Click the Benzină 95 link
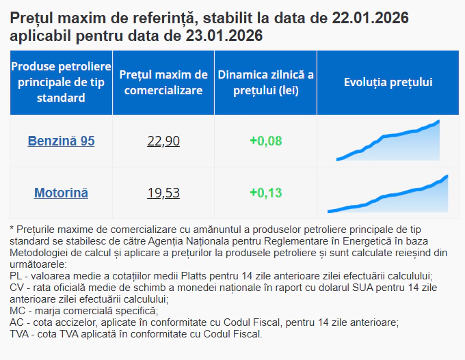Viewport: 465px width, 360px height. click(61, 141)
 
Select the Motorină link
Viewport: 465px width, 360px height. click(61, 193)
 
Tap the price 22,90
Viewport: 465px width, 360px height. click(163, 141)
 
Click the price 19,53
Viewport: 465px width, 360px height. click(163, 193)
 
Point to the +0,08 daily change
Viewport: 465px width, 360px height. click(265, 141)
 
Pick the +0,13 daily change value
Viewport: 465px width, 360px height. click(265, 193)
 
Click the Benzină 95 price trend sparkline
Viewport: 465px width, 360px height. click(388, 142)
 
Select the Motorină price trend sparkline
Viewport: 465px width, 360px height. click(388, 195)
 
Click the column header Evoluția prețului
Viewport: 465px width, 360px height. click(388, 82)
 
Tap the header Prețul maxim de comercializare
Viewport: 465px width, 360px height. click(163, 82)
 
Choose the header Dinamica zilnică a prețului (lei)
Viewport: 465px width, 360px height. click(265, 82)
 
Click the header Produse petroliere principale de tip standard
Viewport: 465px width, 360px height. click(61, 82)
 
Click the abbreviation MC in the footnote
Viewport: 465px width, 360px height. click(17, 311)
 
